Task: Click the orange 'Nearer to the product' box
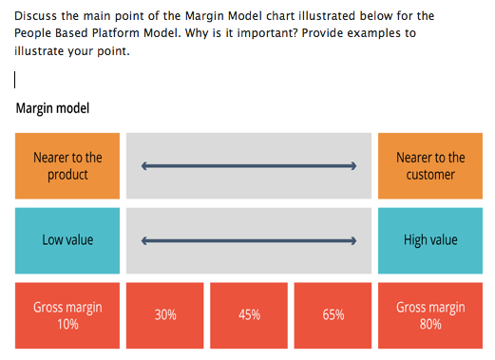click(67, 166)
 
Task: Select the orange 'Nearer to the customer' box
click(430, 166)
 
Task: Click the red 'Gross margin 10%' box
click(67, 315)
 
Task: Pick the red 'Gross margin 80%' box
click(430, 315)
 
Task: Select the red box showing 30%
click(165, 315)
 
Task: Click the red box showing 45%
click(249, 315)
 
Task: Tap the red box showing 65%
click(333, 315)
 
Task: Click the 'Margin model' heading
click(52, 108)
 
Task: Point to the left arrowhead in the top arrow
click(145, 166)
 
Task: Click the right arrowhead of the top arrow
click(352, 166)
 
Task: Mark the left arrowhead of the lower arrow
click(145, 240)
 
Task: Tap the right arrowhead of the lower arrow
click(352, 240)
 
